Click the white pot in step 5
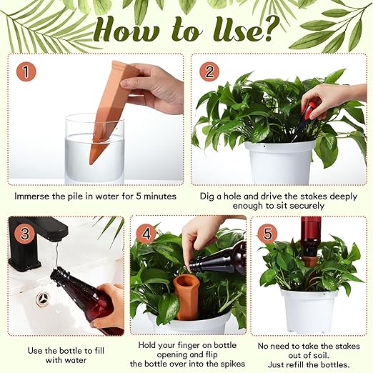point(309,310)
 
